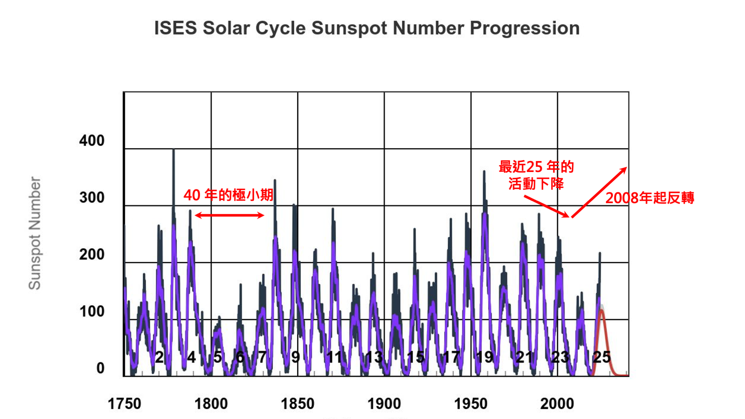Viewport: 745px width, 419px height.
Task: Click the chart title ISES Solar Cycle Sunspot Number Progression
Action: pos(367,28)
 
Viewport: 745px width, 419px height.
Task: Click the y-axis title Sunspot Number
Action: pos(35,233)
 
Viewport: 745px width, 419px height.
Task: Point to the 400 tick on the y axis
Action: pos(92,141)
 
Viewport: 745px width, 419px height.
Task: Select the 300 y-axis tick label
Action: pos(92,197)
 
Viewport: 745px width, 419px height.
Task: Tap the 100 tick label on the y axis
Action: pos(92,311)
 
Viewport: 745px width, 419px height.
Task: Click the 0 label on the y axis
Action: pos(100,368)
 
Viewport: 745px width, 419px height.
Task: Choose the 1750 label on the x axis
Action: pos(124,404)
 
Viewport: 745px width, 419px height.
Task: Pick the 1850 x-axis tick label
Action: pos(298,404)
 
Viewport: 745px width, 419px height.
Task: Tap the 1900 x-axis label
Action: pos(384,404)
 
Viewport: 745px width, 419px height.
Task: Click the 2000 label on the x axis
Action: pos(557,404)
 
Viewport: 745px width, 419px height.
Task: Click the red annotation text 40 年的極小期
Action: pos(228,195)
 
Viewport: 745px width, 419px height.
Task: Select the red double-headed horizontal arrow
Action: pos(230,215)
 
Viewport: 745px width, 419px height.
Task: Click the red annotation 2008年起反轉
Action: pos(650,198)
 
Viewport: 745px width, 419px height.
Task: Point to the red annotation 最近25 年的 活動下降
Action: pos(536,175)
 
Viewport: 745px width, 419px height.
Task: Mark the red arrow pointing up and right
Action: pos(599,192)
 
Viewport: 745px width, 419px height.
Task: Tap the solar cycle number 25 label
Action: pos(602,357)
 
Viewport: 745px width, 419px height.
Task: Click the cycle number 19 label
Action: pos(485,357)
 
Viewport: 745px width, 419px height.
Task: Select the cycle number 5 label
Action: pos(218,357)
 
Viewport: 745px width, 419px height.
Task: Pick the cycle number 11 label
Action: pos(334,357)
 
